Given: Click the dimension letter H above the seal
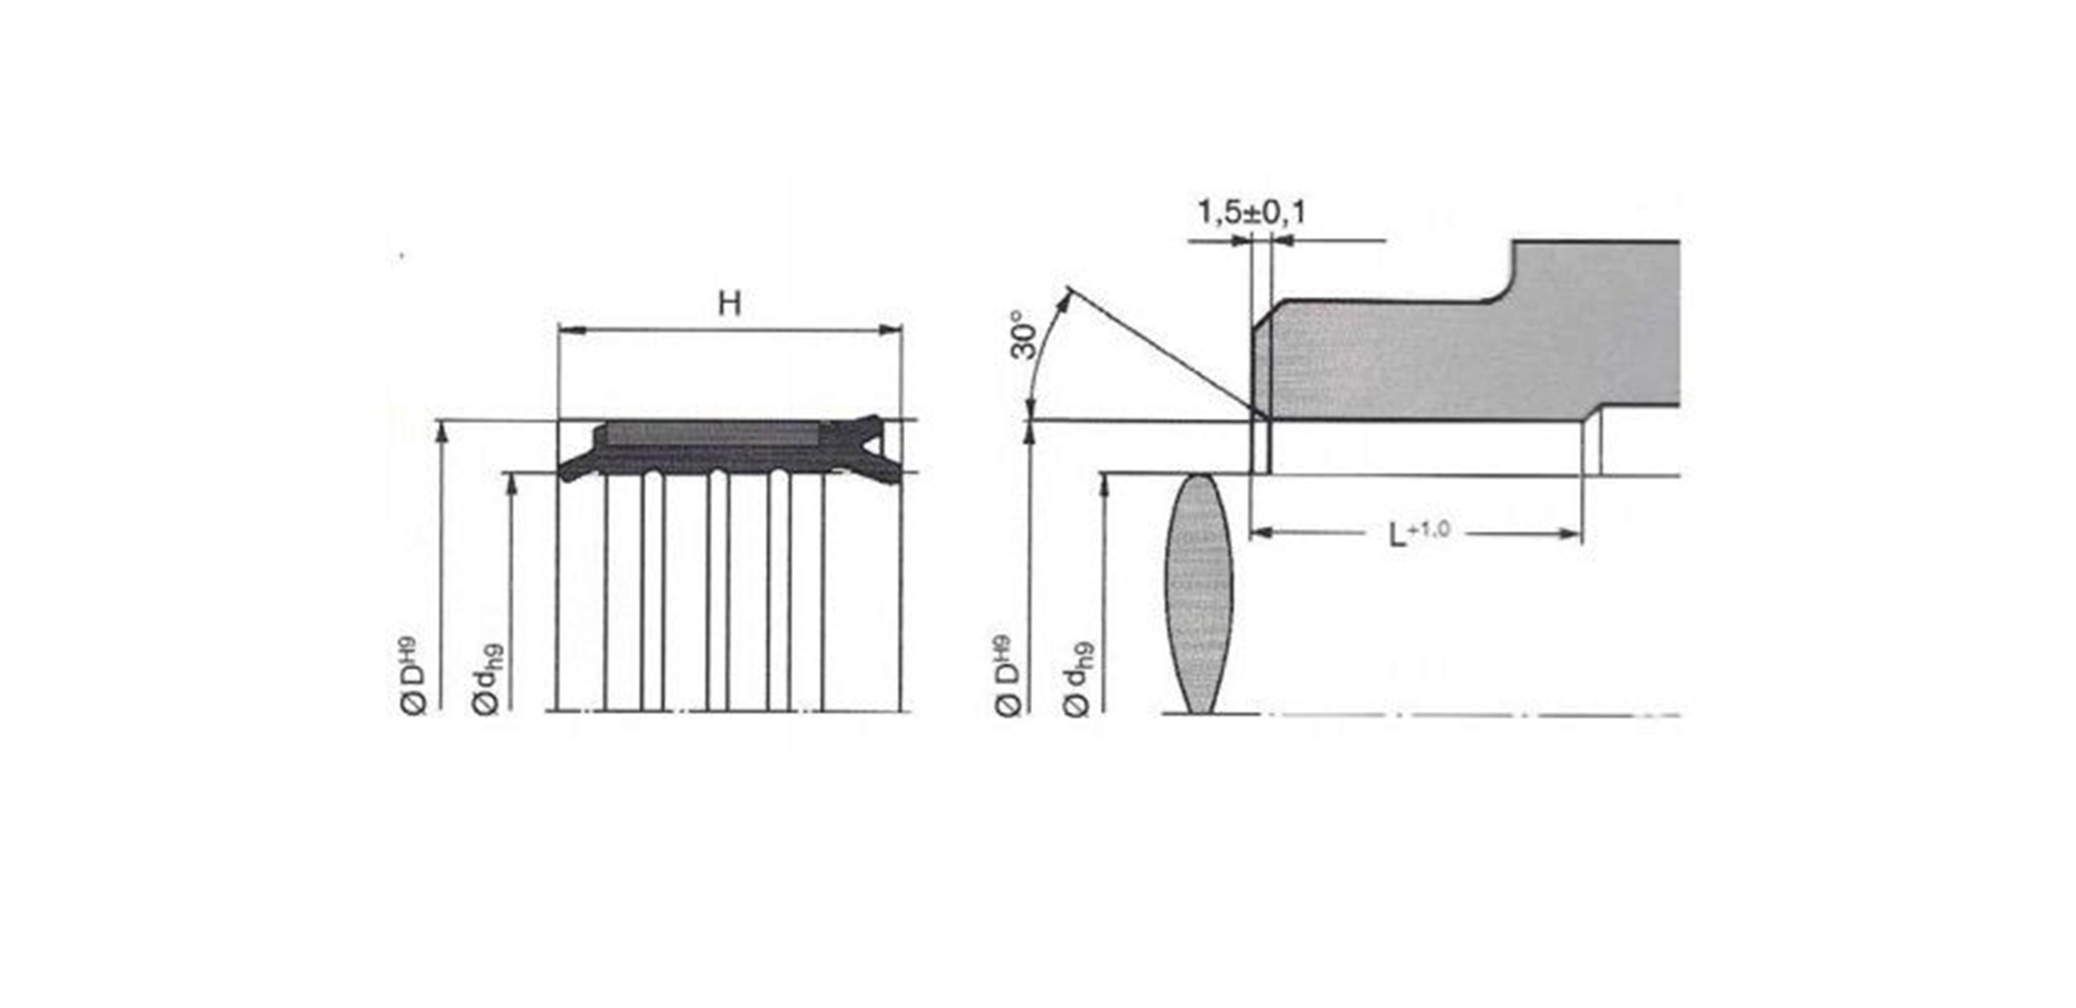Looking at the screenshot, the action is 729,304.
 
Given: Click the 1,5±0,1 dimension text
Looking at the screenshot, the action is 1251,213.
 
